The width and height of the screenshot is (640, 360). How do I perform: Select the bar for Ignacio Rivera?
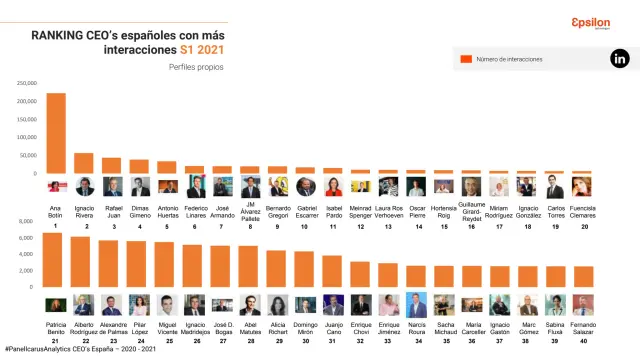(84, 163)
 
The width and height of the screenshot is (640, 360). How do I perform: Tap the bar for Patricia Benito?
(53, 259)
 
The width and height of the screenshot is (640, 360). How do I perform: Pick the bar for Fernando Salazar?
(583, 276)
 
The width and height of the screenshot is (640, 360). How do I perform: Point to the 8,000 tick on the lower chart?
(27, 221)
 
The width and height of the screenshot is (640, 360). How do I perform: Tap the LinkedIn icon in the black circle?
(619, 59)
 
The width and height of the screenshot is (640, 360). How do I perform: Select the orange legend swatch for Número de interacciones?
(465, 60)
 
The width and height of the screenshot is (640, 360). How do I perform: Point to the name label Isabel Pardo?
(334, 211)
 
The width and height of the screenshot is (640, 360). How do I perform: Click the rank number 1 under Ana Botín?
(56, 227)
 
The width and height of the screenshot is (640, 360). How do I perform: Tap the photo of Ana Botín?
(56, 187)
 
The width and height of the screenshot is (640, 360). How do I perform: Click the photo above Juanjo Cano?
(334, 305)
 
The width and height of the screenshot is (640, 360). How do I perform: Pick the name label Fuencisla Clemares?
(583, 211)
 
